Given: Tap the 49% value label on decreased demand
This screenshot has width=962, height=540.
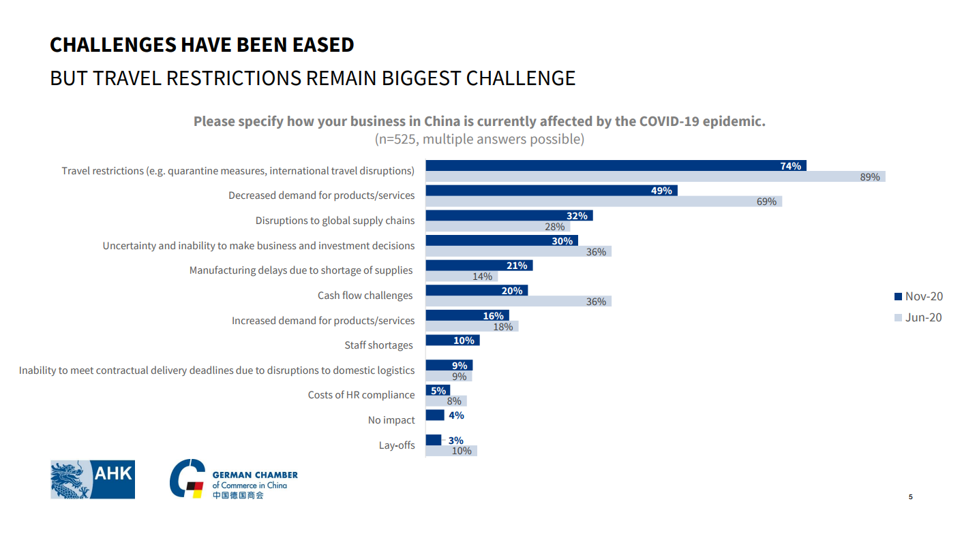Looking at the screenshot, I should [x=661, y=191].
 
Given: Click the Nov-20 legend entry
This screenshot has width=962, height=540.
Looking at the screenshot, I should [x=918, y=296].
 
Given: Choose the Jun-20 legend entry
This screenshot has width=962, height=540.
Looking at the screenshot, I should [x=918, y=317].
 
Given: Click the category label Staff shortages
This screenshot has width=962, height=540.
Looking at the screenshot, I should [x=378, y=345].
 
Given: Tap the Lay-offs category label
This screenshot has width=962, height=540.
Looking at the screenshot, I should [x=397, y=445].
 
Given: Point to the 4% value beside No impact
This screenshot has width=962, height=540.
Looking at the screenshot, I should [x=456, y=415].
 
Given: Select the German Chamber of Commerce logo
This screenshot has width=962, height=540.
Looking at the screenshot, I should [x=233, y=479].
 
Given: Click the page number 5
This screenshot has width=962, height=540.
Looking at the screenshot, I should [x=910, y=497].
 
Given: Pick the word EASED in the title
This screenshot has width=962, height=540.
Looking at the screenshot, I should [x=320, y=45].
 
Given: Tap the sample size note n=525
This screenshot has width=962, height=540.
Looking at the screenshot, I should [x=479, y=140].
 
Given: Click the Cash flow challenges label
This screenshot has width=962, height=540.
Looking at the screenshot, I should [x=365, y=296].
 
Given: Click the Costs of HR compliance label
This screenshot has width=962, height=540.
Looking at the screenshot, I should [x=361, y=395].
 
